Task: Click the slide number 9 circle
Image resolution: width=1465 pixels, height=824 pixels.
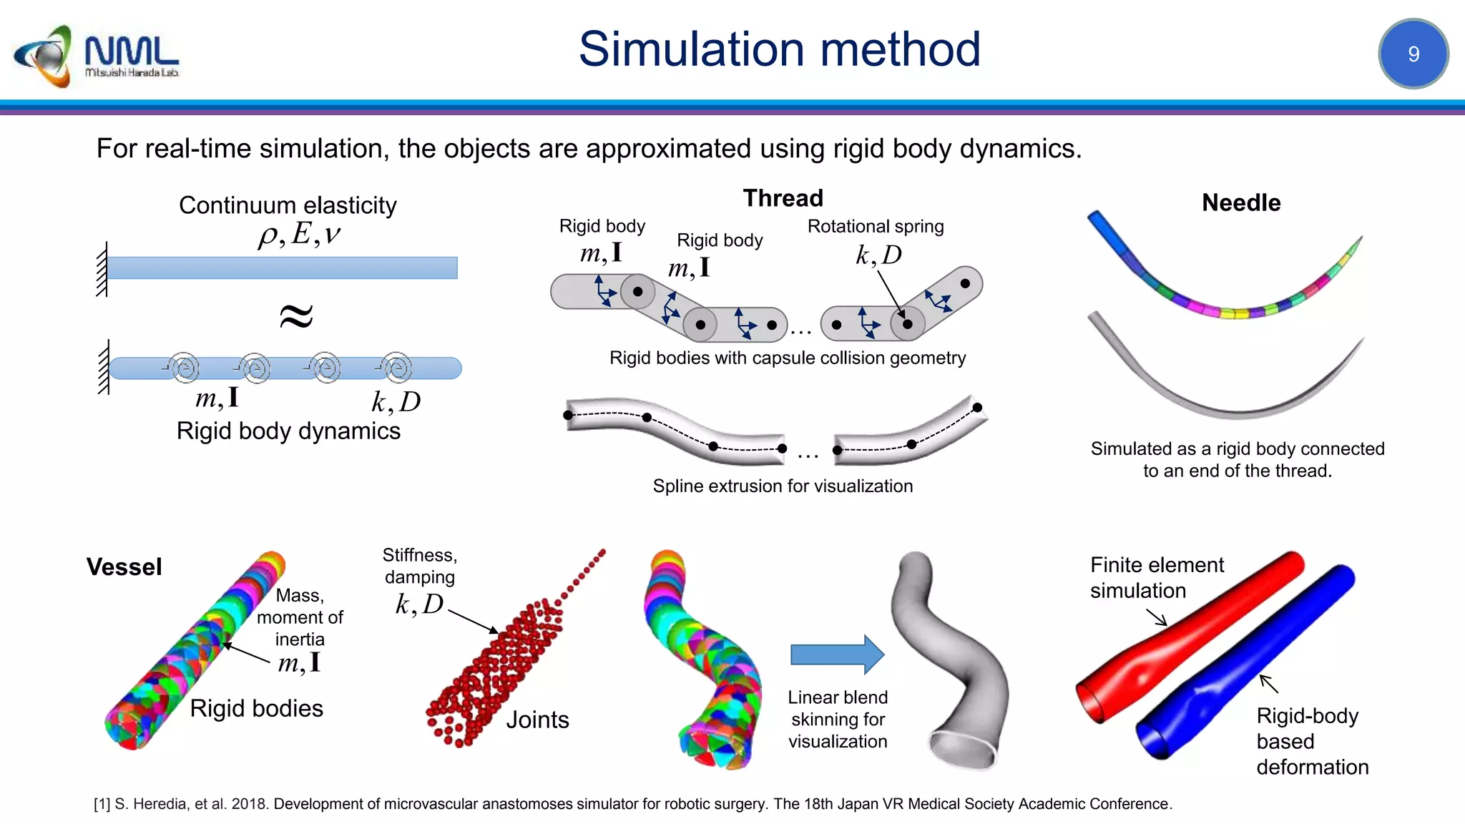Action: tap(1413, 54)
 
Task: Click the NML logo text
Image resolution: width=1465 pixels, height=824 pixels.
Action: tap(132, 51)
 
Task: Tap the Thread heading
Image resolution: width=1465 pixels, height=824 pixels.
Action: tap(783, 198)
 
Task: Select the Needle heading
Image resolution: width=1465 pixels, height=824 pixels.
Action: tap(1240, 203)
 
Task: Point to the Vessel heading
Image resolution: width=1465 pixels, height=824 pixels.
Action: tap(124, 567)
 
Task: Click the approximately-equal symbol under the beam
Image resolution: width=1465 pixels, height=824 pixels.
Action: tap(296, 315)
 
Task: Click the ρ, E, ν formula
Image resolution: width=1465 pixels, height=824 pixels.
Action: tap(299, 235)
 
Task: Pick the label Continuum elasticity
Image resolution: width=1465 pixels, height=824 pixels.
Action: tap(288, 205)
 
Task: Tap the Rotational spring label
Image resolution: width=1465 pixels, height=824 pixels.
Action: tap(875, 227)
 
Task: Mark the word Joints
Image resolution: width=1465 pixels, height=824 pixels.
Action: tap(537, 720)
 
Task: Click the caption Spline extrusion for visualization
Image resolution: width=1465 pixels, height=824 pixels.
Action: tap(783, 486)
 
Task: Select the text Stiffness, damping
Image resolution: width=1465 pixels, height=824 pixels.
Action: tap(420, 566)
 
